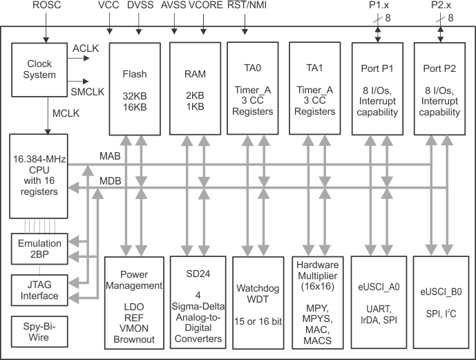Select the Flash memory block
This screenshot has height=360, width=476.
135,87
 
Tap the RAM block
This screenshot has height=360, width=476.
195,87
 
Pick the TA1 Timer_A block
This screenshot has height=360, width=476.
315,87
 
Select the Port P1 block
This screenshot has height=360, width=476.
377,87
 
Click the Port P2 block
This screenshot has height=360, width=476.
439,87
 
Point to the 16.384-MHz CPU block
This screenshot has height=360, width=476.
39,177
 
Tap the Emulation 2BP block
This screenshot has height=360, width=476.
39,249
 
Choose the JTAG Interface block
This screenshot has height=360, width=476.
39,290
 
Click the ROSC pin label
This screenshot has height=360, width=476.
46,6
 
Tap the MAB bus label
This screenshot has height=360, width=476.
111,156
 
